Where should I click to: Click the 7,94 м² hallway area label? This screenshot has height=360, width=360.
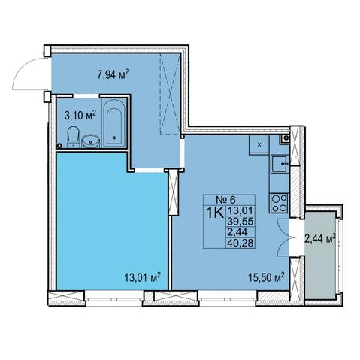113,74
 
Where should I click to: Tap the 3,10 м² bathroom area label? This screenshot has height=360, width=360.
80,116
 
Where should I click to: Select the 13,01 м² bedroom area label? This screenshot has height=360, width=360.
142,277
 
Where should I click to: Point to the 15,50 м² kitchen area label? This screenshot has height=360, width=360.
266,277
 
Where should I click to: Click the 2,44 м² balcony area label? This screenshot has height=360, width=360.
320,239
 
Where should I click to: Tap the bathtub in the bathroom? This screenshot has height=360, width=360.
113,123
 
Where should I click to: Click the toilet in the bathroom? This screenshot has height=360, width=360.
73,137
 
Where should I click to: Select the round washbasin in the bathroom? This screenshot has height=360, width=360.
91,141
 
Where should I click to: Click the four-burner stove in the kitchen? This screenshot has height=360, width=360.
280,204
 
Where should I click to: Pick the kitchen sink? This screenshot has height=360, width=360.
280,164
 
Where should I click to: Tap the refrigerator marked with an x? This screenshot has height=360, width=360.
259,144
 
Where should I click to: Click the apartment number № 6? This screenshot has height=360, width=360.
226,200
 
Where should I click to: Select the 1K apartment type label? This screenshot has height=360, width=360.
215,213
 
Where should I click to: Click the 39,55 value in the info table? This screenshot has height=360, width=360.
241,221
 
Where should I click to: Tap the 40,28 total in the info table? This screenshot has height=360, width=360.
241,243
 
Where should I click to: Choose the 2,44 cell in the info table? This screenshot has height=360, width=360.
237,232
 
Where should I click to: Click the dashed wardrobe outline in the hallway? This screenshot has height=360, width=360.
170,94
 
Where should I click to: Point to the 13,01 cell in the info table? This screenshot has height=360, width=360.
241,210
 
